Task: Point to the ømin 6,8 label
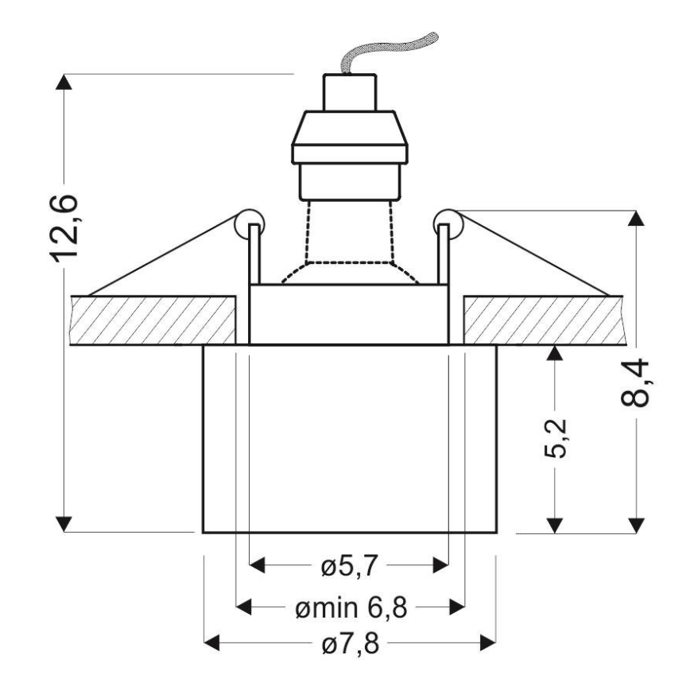tap(350, 608)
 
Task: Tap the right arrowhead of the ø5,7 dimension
tap(440, 566)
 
